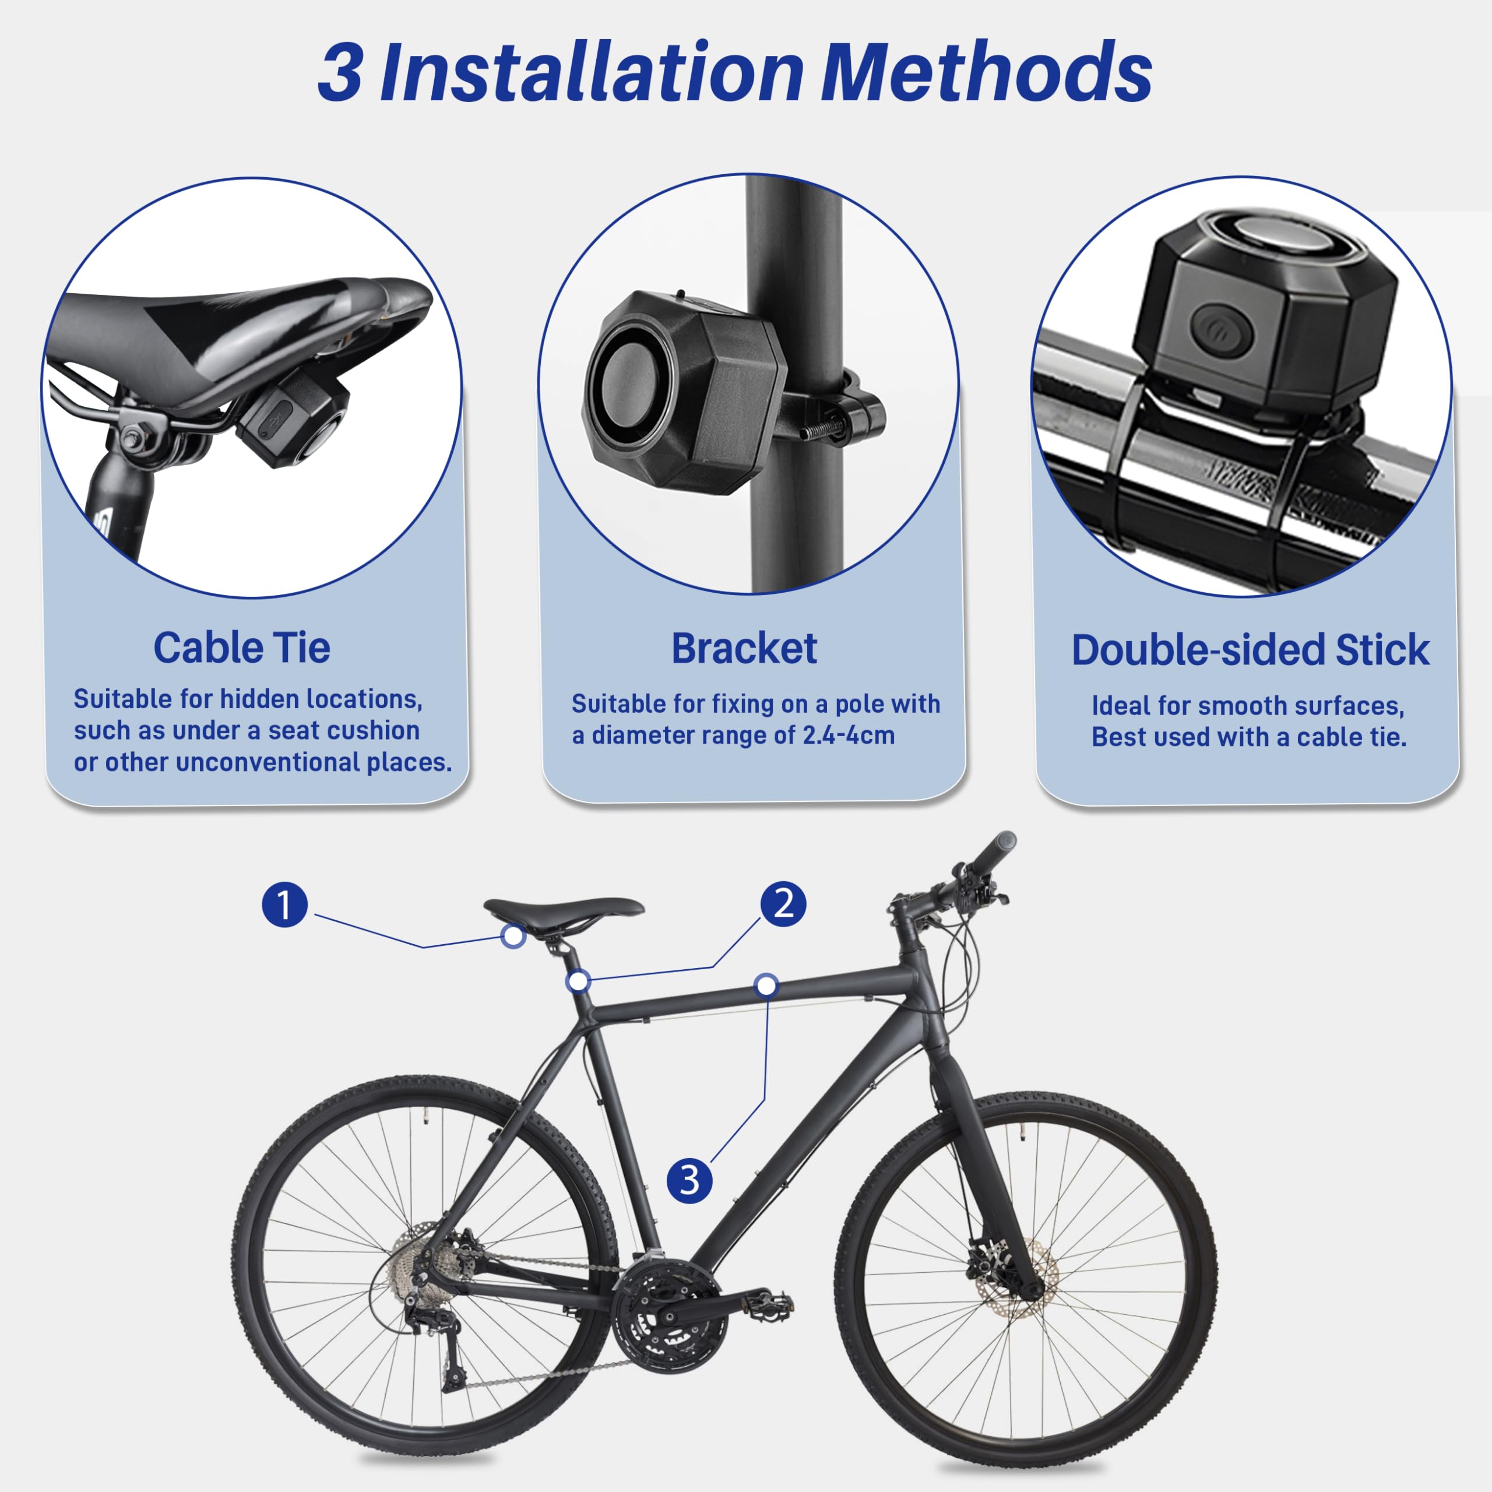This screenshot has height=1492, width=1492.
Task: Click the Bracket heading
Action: tap(744, 649)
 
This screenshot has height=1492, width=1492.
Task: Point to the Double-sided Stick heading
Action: tap(1250, 649)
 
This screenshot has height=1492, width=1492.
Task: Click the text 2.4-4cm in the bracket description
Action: tap(848, 735)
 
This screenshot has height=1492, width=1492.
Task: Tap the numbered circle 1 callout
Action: tap(284, 905)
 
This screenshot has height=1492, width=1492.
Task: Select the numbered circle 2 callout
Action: tap(783, 903)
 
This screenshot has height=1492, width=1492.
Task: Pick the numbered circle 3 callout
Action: tap(689, 1179)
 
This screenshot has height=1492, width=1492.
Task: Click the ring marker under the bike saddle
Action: tap(513, 936)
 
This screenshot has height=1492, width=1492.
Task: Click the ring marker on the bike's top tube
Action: tap(766, 984)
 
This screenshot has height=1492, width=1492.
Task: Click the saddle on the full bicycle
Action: tap(564, 907)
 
